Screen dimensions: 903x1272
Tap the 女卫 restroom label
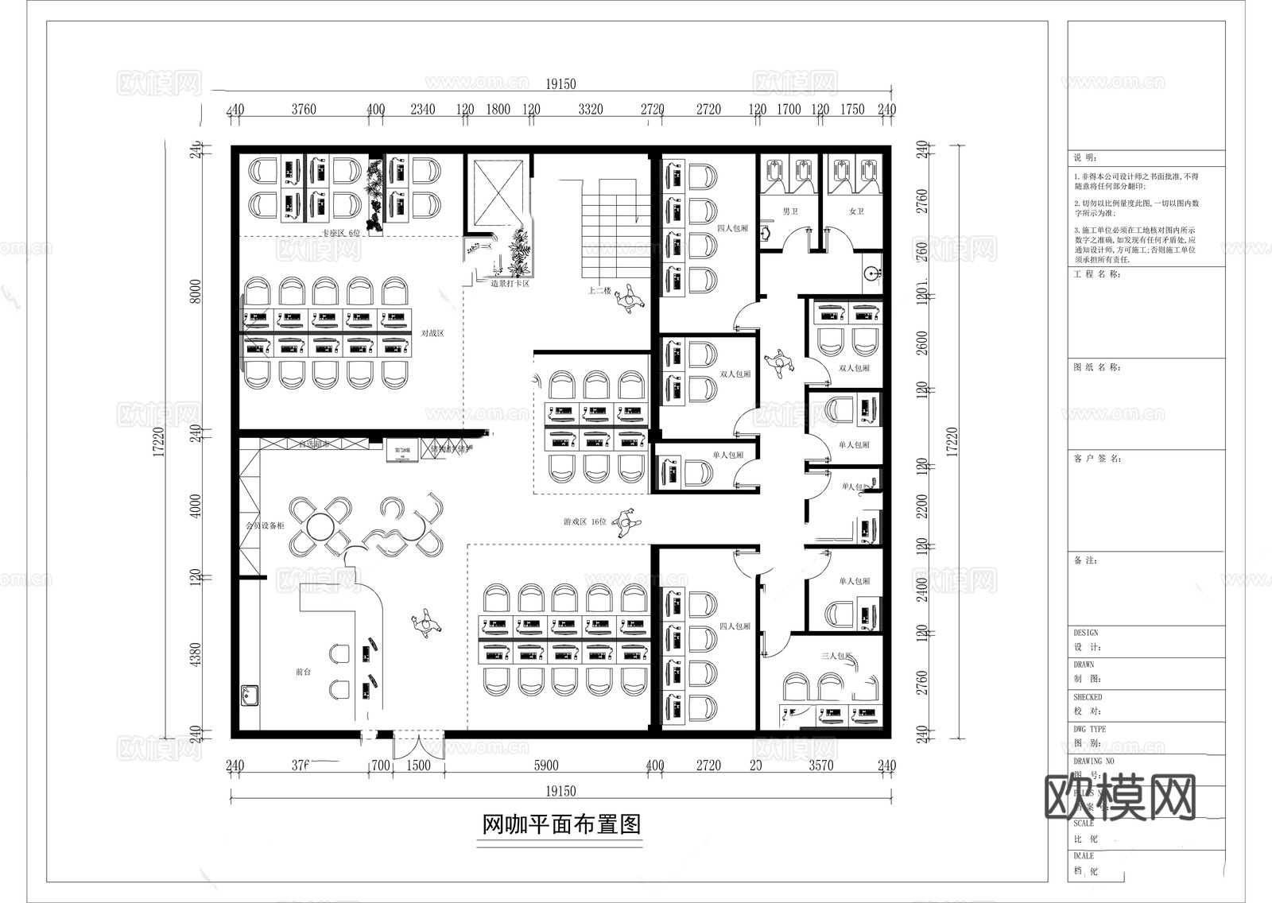tap(855, 211)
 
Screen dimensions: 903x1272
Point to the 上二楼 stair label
tap(599, 291)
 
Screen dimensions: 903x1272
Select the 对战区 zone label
tap(432, 333)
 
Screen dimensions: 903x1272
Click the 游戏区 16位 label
tap(584, 521)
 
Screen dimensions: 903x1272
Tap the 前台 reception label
tap(303, 672)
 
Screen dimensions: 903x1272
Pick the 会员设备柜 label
tap(264, 526)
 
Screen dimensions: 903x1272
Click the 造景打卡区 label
tap(510, 284)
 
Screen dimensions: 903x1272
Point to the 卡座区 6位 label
tap(340, 233)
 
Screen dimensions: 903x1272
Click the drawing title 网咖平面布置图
tap(561, 824)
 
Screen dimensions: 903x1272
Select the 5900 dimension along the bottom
tap(546, 765)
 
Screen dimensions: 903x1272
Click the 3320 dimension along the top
tap(590, 110)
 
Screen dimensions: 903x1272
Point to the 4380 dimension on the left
tap(196, 654)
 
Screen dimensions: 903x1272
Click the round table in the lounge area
tap(319, 526)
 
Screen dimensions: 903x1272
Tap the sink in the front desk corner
tap(250, 696)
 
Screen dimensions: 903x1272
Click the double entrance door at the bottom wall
tap(418, 746)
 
